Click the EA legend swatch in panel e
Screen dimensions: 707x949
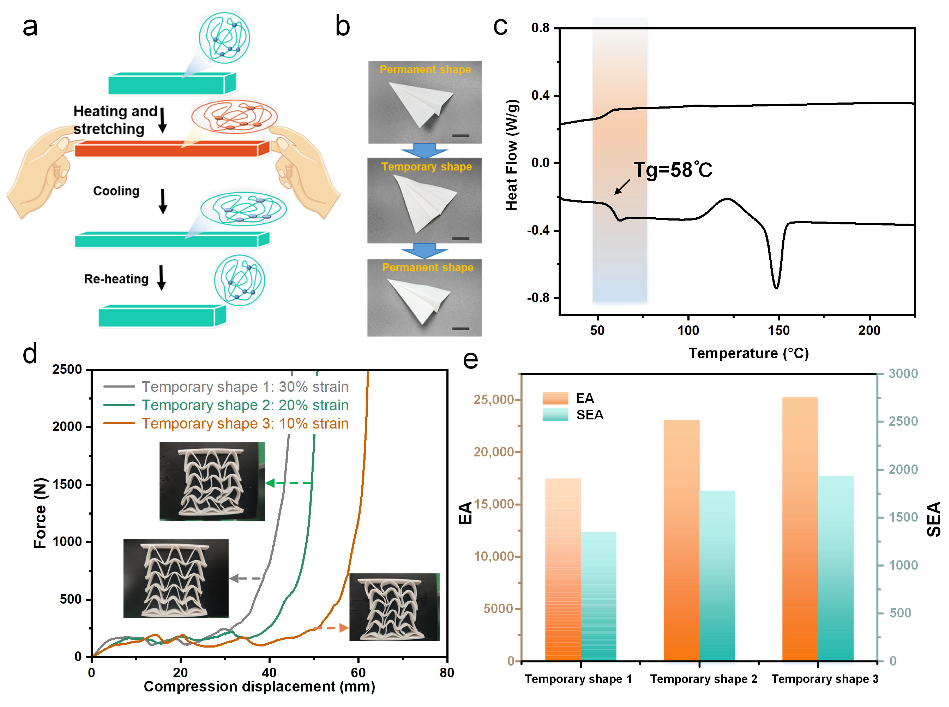(555, 398)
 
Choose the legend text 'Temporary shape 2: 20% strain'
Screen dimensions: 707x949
(245, 405)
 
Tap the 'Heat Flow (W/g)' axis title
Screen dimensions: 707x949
(512, 155)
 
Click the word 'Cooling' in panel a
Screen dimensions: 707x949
(116, 191)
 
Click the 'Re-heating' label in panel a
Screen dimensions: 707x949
(116, 279)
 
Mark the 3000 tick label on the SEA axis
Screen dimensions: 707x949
(903, 374)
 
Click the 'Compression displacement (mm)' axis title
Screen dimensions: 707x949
(259, 687)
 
